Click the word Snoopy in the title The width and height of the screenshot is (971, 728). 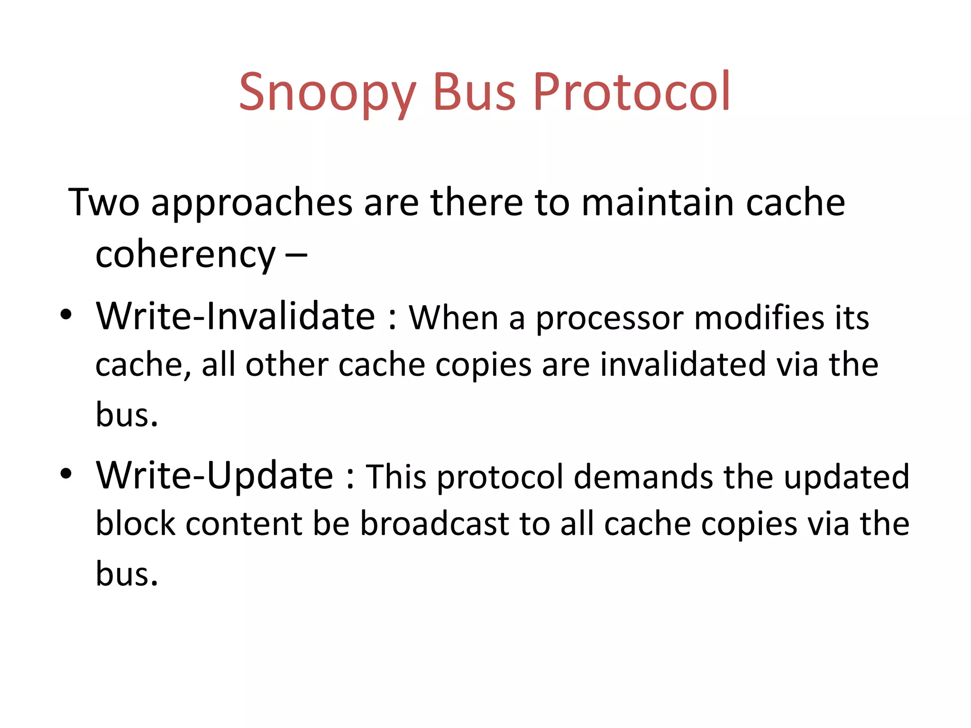327,92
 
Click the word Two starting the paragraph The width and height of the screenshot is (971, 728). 104,202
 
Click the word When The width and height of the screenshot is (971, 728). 453,318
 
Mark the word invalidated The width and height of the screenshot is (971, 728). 682,365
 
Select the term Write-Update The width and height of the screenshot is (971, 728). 215,476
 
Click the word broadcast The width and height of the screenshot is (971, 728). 434,524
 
